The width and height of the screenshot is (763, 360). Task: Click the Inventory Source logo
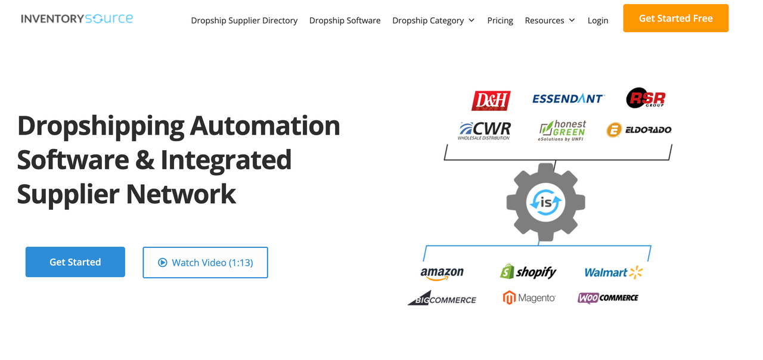(x=77, y=18)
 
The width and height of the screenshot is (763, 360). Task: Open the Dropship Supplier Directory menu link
(x=244, y=20)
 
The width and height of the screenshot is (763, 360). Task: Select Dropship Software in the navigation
(x=345, y=20)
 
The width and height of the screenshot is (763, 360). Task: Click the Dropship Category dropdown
(x=433, y=20)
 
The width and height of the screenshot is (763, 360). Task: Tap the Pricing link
(x=500, y=20)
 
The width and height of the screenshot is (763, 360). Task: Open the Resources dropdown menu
(x=550, y=20)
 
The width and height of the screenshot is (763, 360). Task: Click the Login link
(x=598, y=20)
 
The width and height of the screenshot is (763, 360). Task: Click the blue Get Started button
(x=75, y=262)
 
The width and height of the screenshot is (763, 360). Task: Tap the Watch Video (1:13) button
(x=205, y=262)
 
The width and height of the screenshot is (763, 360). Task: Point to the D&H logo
(x=491, y=100)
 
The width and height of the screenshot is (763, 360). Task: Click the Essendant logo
(x=568, y=98)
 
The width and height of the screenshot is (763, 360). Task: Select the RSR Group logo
(x=646, y=98)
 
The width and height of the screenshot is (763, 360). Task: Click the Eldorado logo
(x=639, y=129)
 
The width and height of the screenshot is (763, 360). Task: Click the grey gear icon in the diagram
(x=545, y=203)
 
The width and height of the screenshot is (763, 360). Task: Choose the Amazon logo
(x=442, y=273)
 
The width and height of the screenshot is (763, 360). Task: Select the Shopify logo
(x=528, y=272)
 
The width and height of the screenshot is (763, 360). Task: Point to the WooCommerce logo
(x=608, y=297)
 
